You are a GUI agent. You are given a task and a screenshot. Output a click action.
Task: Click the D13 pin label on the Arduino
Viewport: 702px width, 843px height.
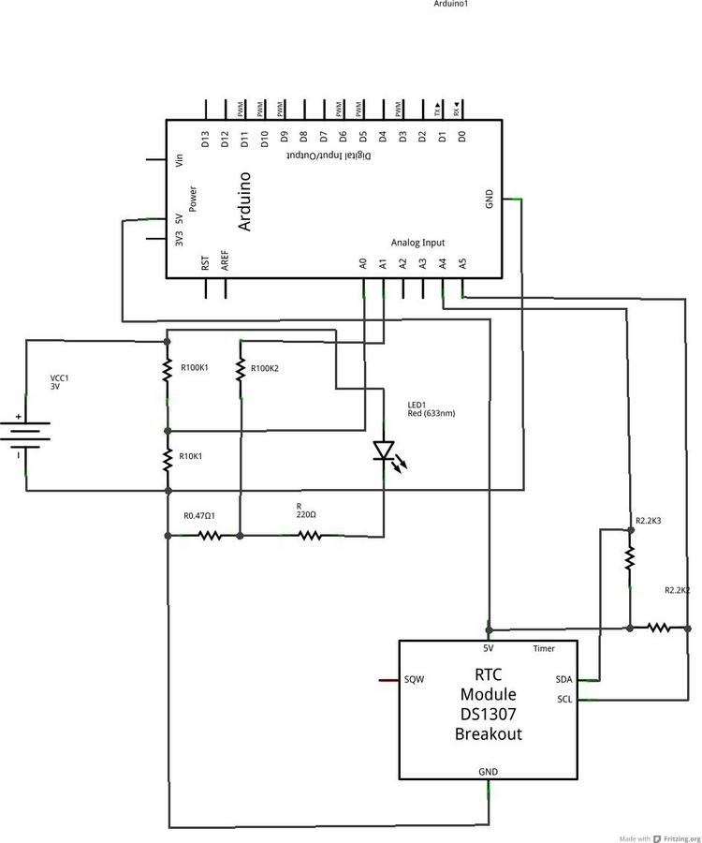tap(205, 138)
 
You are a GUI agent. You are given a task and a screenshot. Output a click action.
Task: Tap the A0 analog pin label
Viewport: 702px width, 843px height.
tap(362, 264)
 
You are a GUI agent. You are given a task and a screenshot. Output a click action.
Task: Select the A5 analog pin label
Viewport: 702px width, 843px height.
tap(462, 264)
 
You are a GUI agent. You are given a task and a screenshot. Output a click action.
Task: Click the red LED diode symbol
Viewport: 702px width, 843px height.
tap(383, 451)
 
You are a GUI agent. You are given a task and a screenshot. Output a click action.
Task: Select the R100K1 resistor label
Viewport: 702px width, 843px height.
tap(195, 367)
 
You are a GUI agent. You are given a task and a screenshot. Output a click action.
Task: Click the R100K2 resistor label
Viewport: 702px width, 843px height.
tap(266, 368)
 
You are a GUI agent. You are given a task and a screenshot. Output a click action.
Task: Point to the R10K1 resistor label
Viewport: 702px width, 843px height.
tap(192, 455)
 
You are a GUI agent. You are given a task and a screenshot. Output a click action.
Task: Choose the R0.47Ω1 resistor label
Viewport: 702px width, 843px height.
tap(199, 516)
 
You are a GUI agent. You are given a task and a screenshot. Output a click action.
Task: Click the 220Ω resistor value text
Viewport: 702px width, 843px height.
tap(306, 514)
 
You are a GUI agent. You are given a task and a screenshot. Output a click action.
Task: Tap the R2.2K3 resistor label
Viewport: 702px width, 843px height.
tap(649, 520)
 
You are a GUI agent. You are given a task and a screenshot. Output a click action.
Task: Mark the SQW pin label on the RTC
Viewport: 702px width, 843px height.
tap(415, 679)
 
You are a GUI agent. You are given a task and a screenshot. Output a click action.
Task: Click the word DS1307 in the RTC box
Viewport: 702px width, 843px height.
tap(488, 714)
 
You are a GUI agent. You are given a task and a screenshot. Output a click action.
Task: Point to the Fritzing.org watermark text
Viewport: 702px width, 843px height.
tap(677, 837)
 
